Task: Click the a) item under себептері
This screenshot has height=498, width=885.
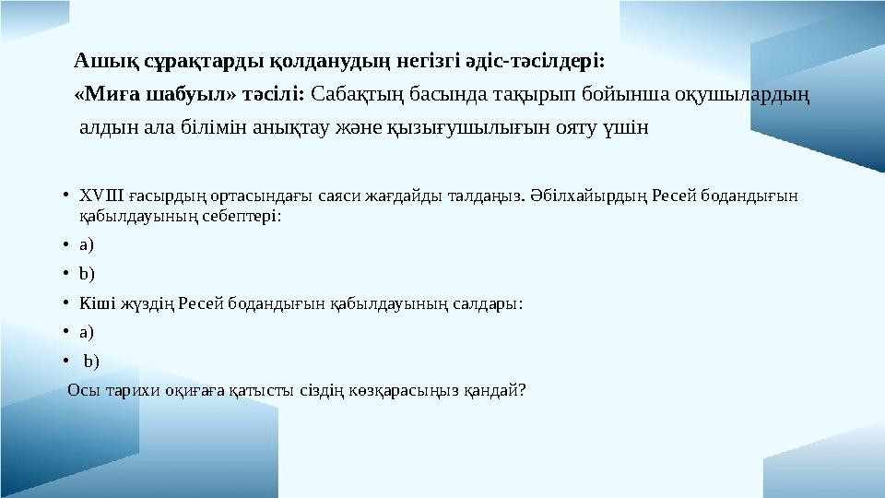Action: (87, 244)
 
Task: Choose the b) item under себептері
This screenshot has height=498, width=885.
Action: (87, 273)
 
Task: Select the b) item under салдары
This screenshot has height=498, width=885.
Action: (91, 361)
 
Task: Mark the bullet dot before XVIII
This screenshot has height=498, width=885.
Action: (67, 196)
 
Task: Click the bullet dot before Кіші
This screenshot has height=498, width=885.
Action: (67, 302)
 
